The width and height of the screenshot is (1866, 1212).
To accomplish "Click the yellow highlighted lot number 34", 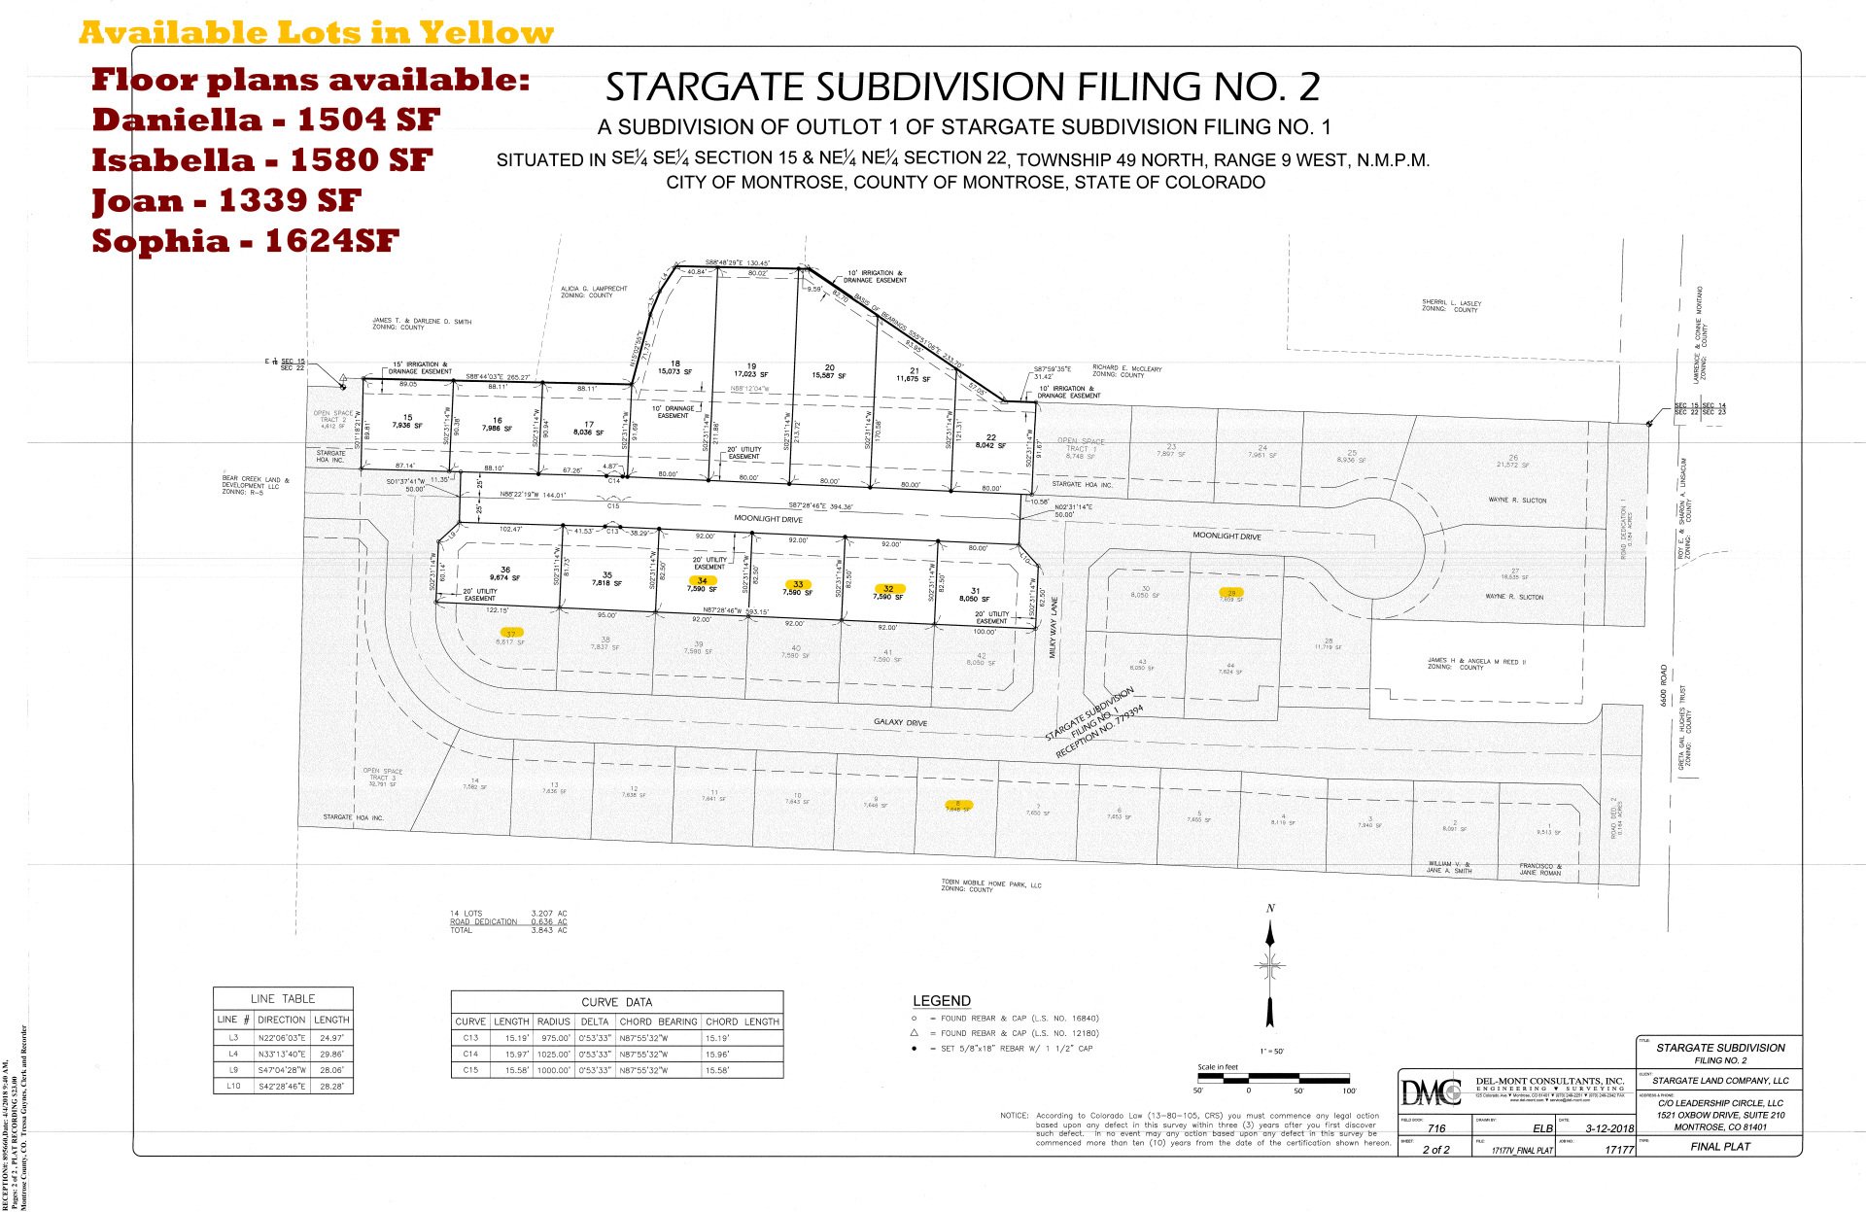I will pos(702,581).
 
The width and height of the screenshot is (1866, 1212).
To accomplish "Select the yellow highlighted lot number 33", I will pos(798,584).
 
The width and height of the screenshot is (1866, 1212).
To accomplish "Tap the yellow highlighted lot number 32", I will pos(888,589).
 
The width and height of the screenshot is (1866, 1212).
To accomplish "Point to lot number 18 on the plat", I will pos(674,364).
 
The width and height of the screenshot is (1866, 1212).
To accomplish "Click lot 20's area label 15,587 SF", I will pos(829,376).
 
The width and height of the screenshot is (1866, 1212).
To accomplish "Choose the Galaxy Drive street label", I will pos(900,722).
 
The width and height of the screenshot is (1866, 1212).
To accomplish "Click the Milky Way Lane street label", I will pos(1054,628).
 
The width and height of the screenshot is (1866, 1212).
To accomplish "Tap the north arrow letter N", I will pos(1270,909).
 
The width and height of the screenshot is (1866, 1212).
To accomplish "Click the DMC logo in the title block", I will pos(1431,1092).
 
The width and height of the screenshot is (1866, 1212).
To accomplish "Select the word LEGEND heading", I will pos(941,1001).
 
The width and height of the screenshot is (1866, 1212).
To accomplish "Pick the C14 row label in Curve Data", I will pos(470,1054).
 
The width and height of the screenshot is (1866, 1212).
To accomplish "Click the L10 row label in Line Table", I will pos(233,1086).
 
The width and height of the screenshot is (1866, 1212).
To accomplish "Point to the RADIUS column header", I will pos(553,1022).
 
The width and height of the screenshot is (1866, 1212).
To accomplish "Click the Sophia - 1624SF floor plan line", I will pos(245,241).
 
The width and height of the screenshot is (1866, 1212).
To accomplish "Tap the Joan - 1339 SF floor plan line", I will pos(226,200).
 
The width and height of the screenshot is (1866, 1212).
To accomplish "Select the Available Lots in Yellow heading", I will pos(316,33).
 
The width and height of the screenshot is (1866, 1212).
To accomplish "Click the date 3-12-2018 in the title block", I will pos(1609,1128).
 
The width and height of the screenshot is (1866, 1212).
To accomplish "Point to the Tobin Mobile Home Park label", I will pos(990,884).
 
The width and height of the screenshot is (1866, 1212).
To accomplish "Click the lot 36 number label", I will pos(505,571).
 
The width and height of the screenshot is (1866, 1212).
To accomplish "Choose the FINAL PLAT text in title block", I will pos(1720,1147).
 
